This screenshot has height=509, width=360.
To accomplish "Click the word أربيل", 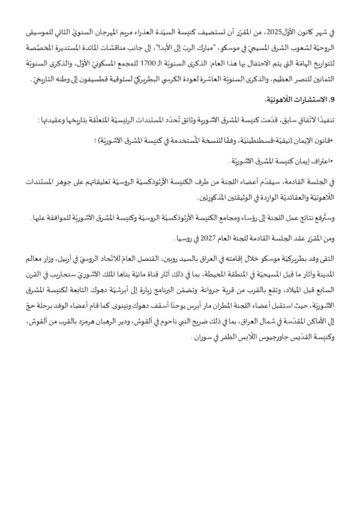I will point(74,258).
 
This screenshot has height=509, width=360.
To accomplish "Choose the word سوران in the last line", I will point(176,337).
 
